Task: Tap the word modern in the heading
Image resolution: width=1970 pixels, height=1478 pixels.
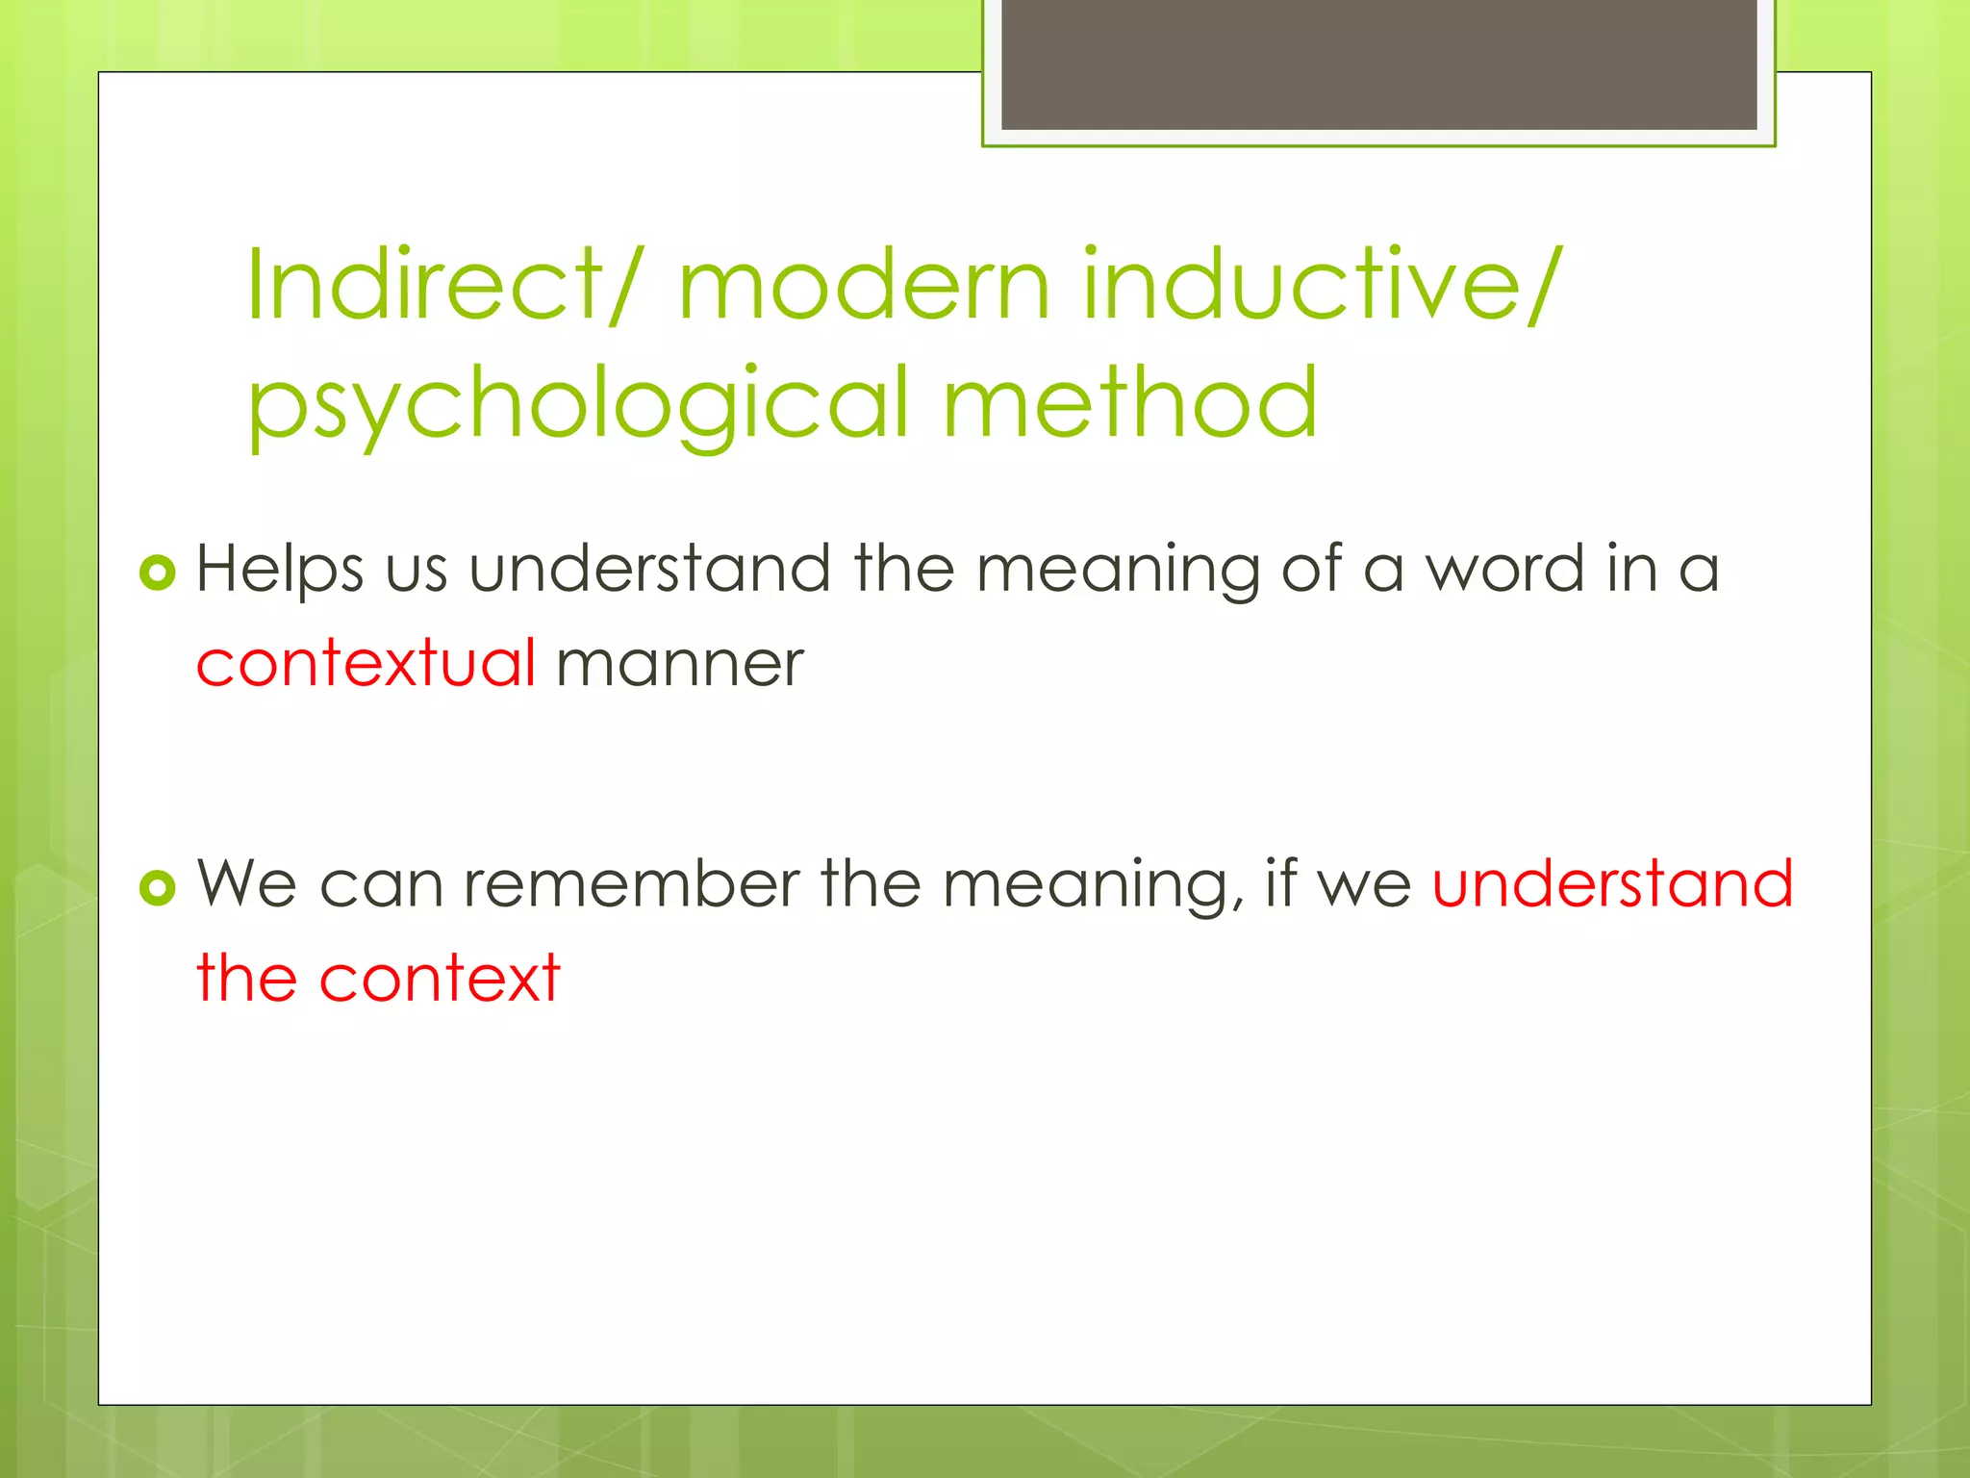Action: click(863, 286)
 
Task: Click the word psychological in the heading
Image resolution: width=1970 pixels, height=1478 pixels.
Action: click(578, 404)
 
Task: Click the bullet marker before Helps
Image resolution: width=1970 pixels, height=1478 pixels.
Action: click(158, 573)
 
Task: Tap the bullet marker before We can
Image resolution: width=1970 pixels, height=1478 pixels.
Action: click(158, 887)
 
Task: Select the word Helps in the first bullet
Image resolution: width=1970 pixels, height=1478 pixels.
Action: click(280, 570)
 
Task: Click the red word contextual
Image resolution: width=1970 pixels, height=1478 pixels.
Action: click(366, 664)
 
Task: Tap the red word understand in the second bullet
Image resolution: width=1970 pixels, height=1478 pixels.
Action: click(1612, 883)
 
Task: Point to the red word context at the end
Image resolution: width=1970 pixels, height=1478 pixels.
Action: click(440, 979)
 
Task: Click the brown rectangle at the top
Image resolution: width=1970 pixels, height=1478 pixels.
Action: click(1378, 64)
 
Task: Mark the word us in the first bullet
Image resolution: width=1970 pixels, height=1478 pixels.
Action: click(416, 570)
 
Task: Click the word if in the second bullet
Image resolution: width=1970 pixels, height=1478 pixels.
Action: click(1280, 883)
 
